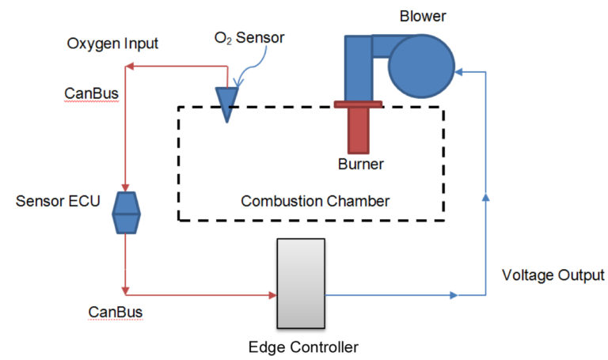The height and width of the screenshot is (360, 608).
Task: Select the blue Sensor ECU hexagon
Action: point(126,213)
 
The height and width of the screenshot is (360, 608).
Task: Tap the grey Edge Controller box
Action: point(300,283)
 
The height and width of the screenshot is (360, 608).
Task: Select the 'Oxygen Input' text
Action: point(112,43)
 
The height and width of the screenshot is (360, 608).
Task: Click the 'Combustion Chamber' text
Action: point(315,201)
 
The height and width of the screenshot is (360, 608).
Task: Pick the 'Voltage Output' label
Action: point(553,275)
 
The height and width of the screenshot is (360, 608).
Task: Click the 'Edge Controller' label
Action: point(293,347)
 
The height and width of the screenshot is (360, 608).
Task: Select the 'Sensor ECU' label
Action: point(58,200)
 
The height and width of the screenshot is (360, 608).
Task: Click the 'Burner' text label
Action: point(360,165)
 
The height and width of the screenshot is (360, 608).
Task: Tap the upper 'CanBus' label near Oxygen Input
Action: point(91,94)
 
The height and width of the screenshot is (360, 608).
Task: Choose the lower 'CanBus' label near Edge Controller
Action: point(116,312)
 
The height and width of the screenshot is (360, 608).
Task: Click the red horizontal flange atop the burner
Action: point(359,104)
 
